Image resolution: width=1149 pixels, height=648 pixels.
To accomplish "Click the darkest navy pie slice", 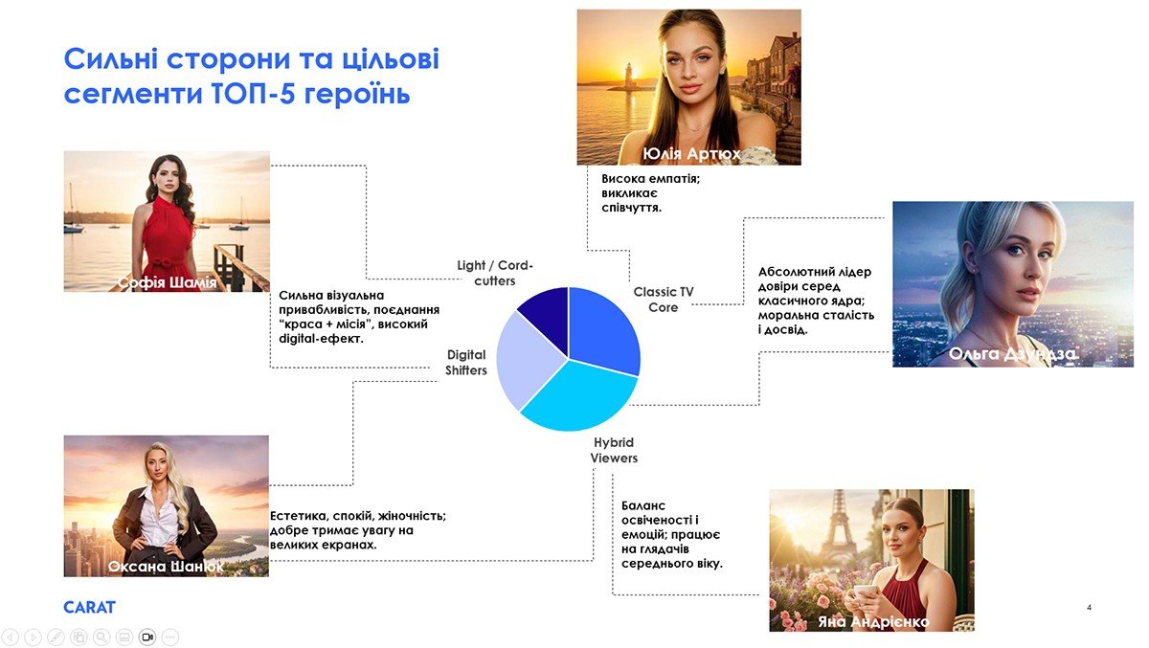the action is tap(548, 318).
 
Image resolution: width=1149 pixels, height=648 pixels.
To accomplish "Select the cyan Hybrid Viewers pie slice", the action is tap(579, 399).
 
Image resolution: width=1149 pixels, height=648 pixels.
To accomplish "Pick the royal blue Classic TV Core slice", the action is tap(601, 328).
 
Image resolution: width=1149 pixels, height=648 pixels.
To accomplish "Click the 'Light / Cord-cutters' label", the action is tap(495, 273).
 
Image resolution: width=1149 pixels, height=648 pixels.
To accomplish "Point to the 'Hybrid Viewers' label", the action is tap(614, 450).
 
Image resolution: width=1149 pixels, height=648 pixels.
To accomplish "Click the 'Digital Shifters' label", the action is tap(465, 363).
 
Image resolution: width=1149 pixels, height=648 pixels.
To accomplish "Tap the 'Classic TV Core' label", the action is tap(664, 300).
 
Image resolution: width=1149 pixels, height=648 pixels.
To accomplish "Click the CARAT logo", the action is tap(89, 608).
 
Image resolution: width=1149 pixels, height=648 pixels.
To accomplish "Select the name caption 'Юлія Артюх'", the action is tap(691, 153).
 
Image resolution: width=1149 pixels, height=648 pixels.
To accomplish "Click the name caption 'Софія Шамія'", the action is tap(167, 282).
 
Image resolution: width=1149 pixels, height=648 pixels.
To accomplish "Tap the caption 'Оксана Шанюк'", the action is tap(166, 567).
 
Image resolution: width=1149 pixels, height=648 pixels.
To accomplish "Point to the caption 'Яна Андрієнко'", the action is tap(873, 622).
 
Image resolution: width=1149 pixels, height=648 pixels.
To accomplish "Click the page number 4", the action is tap(1089, 608).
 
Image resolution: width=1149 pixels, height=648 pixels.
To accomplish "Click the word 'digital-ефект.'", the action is tap(321, 339).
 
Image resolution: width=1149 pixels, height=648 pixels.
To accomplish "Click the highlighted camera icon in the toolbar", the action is tap(147, 637).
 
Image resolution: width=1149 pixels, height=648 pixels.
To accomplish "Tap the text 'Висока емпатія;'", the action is tap(650, 179).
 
